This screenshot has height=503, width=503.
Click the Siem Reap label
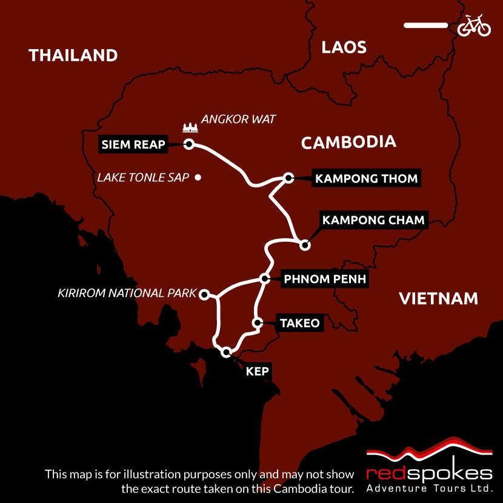pos(134,144)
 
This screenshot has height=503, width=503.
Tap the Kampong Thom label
pos(365,178)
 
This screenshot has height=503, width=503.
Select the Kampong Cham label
pos(373,220)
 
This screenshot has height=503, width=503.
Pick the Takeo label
pos(299,323)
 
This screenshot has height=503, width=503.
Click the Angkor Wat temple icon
pos(190,128)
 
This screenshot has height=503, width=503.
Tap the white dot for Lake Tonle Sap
pos(198,178)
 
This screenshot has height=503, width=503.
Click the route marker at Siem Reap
pos(188,144)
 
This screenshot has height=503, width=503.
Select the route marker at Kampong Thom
pos(289,178)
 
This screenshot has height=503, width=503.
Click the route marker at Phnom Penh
pos(264,279)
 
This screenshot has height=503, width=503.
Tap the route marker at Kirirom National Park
pos(205,294)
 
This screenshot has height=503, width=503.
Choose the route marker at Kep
pos(227,351)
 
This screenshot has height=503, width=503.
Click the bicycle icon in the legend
pos(474,25)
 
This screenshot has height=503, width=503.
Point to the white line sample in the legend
pos(425,25)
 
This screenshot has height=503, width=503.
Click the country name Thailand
pos(73,56)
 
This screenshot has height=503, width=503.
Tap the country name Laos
pos(344,47)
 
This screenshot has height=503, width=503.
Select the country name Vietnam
pos(438,298)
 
